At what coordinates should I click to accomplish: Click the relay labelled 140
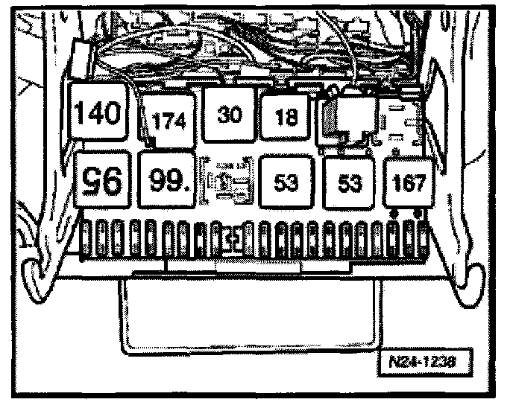104,115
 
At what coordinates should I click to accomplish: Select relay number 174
170,119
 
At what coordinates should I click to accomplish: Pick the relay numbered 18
286,117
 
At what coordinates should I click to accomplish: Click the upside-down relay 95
104,179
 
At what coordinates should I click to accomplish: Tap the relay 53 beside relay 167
349,183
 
